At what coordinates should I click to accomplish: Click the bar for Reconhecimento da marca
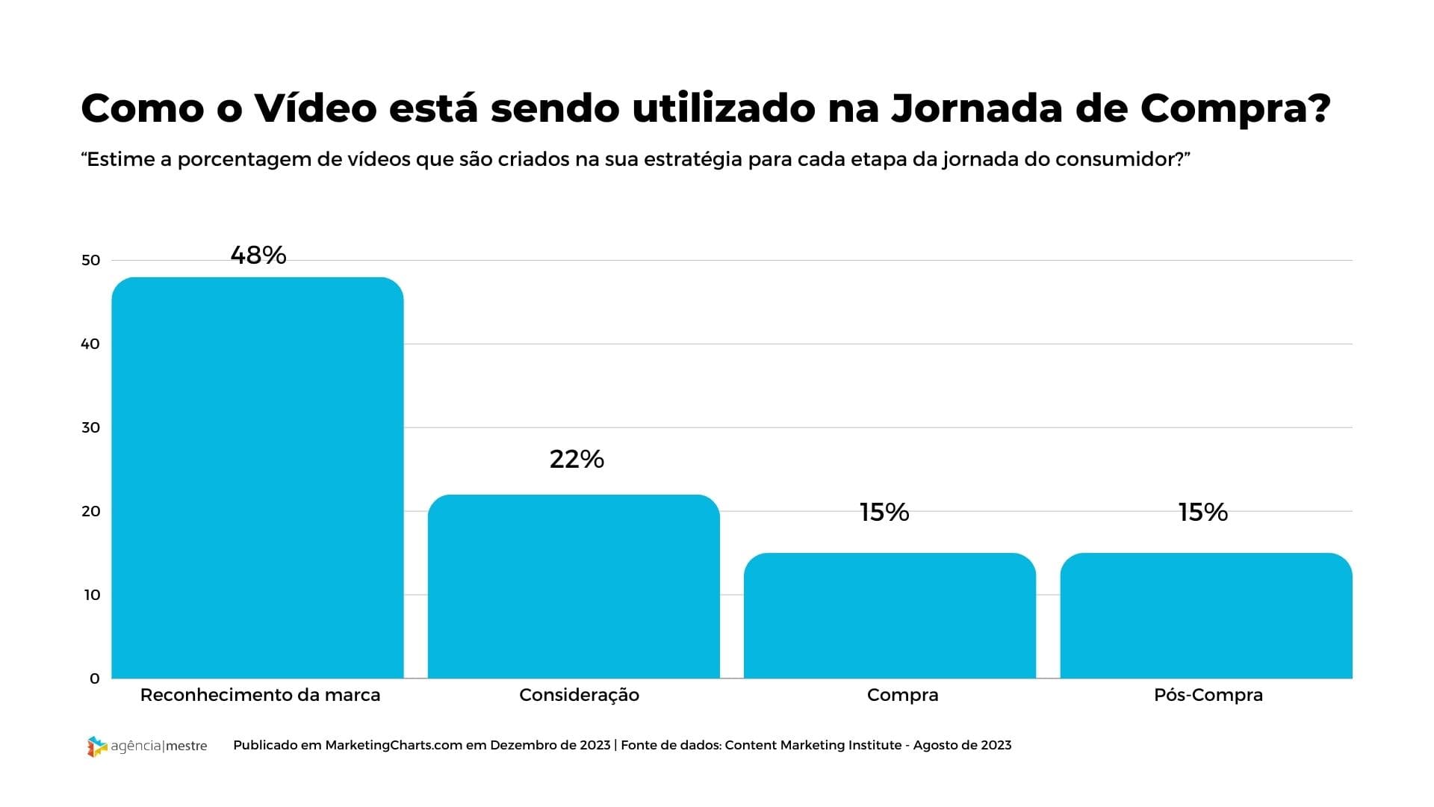tap(258, 478)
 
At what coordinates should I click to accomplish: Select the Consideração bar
tap(574, 587)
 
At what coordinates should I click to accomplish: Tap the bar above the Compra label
tap(890, 616)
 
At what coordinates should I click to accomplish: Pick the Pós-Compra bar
tap(1206, 616)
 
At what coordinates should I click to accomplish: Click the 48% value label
tap(258, 256)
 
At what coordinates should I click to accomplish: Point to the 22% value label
tap(577, 459)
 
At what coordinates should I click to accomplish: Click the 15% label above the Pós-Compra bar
tap(1203, 512)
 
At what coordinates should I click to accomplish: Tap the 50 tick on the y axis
tap(90, 260)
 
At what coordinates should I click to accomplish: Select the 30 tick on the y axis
tap(90, 427)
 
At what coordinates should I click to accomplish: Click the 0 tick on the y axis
tap(95, 678)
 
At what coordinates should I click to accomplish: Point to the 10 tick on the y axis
tap(90, 595)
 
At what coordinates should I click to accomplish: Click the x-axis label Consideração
tap(579, 695)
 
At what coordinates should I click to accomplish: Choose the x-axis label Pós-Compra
tap(1208, 695)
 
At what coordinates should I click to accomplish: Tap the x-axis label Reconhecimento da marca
tap(260, 695)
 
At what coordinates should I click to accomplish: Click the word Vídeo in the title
tap(315, 108)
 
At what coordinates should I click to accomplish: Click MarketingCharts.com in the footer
tap(394, 745)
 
